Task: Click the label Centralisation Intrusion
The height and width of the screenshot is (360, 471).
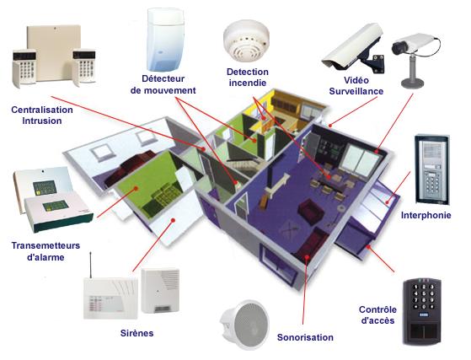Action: (42, 116)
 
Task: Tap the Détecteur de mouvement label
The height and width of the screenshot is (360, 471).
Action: (163, 84)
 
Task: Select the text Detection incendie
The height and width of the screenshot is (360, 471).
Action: (248, 78)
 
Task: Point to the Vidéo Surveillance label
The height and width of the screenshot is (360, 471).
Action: (356, 86)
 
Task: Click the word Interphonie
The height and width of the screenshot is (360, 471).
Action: (426, 215)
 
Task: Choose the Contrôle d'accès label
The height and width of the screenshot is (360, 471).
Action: (377, 314)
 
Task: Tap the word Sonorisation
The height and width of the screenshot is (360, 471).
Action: (305, 337)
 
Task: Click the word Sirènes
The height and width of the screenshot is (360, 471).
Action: (137, 333)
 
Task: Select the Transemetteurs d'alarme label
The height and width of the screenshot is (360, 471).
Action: (45, 251)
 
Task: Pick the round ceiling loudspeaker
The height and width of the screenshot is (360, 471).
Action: (245, 325)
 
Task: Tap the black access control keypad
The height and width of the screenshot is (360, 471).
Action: (422, 311)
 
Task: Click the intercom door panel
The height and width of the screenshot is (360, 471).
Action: (432, 169)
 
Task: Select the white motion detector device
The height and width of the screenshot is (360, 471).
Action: (165, 40)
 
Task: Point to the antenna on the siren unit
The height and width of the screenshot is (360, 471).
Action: (91, 265)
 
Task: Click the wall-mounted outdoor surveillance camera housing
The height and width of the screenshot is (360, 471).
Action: (354, 47)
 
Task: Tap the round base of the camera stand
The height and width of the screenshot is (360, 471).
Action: (413, 83)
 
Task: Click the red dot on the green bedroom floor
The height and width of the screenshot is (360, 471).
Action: (136, 188)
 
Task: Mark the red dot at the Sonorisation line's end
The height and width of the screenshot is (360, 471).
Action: (307, 257)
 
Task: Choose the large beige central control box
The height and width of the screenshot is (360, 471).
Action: (54, 52)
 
